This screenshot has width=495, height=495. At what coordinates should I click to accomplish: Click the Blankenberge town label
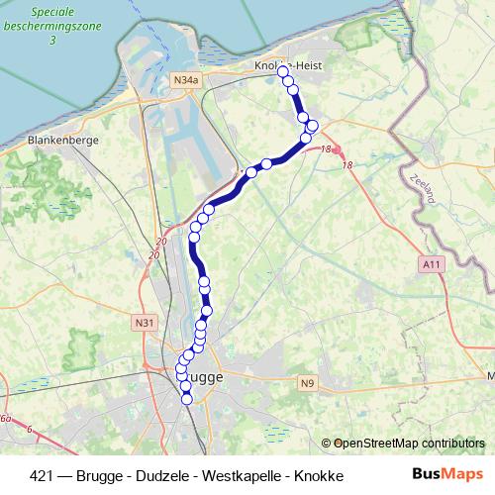pos(64,141)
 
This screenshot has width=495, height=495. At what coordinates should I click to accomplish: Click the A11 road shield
pos(430,264)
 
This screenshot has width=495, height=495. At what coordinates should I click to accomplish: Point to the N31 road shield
pos(146,322)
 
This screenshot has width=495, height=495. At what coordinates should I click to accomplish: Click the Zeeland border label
pos(421,188)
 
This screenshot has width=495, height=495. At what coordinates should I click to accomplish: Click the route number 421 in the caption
pos(43,475)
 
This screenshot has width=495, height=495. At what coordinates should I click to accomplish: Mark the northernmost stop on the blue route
pos(283,71)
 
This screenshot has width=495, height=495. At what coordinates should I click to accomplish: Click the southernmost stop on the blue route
pos(187,399)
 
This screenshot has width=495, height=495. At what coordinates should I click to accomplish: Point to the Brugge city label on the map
pos(205,376)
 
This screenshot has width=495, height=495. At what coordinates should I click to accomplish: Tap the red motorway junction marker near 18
pos(337,150)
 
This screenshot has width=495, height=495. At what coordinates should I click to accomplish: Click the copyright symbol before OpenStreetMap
pos(340,444)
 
